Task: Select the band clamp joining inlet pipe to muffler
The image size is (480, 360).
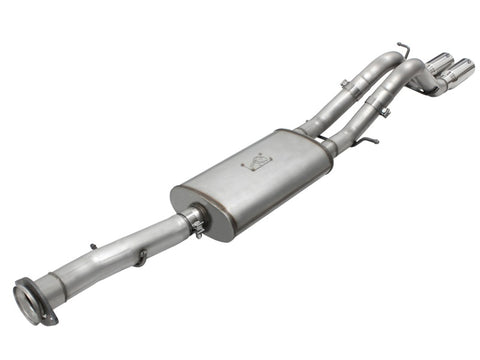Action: tap(196, 221)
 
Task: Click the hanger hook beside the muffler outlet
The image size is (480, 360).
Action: tap(364, 142)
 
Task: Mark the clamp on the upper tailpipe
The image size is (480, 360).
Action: tap(343, 85)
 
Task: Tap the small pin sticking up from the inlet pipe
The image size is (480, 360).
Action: tap(93, 245)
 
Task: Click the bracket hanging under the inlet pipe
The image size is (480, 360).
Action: tap(143, 258)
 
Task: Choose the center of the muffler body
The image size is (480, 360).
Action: tap(255, 180)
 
